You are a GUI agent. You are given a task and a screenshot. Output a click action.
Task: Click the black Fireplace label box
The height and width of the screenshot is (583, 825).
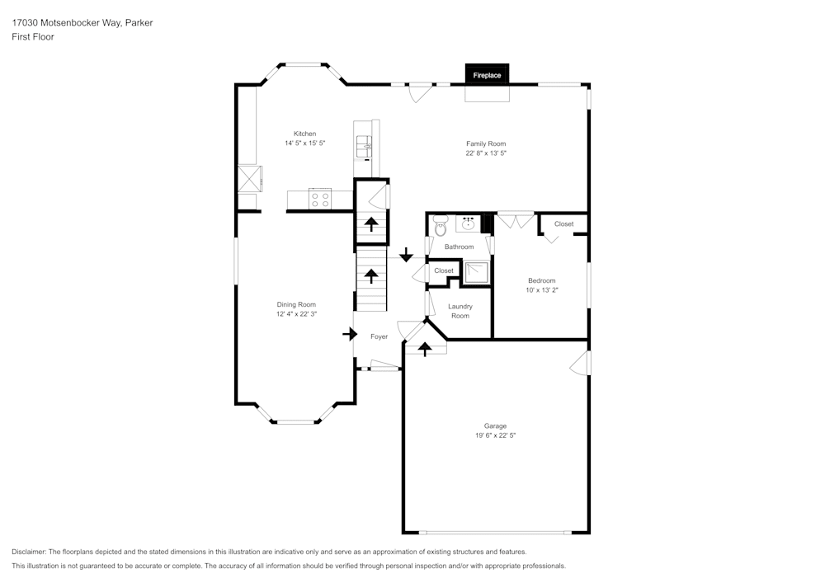(x=487, y=75)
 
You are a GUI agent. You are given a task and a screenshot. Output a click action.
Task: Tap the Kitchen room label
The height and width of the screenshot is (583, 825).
(x=304, y=134)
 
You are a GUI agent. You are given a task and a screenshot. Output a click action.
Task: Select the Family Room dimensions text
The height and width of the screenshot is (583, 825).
(x=485, y=153)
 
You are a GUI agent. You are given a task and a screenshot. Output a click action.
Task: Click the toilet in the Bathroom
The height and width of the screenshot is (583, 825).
(x=440, y=223)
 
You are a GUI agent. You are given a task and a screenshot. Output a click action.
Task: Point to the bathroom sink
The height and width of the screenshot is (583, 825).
(x=468, y=223)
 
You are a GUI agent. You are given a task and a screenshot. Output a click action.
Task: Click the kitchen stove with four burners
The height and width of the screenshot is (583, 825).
(x=320, y=199)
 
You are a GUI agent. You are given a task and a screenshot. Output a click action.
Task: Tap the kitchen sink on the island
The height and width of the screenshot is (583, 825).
(x=365, y=148)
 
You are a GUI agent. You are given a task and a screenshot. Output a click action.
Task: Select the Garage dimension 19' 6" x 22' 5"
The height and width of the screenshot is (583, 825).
(x=495, y=435)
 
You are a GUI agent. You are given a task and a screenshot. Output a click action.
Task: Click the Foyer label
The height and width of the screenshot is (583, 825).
(x=379, y=336)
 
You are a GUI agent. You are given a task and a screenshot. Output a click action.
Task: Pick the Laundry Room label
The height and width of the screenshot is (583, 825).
(x=460, y=311)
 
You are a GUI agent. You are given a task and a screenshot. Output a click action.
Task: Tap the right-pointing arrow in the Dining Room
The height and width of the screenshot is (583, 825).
(x=350, y=334)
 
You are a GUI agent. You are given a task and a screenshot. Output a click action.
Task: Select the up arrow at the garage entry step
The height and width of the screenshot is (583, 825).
(x=425, y=349)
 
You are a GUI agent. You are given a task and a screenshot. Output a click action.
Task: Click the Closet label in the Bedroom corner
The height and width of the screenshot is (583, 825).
(x=563, y=224)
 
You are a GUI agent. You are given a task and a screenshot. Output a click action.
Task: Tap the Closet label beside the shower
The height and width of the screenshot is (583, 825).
(x=444, y=270)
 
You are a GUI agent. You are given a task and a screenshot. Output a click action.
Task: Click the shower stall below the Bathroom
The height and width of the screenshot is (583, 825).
(x=476, y=272)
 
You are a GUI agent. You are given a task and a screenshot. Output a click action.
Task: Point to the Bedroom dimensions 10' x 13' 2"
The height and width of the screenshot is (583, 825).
(x=542, y=289)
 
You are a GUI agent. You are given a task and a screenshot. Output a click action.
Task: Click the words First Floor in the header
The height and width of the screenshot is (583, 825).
(x=33, y=37)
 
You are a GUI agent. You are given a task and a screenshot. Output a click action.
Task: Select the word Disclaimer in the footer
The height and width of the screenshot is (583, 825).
(x=28, y=551)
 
